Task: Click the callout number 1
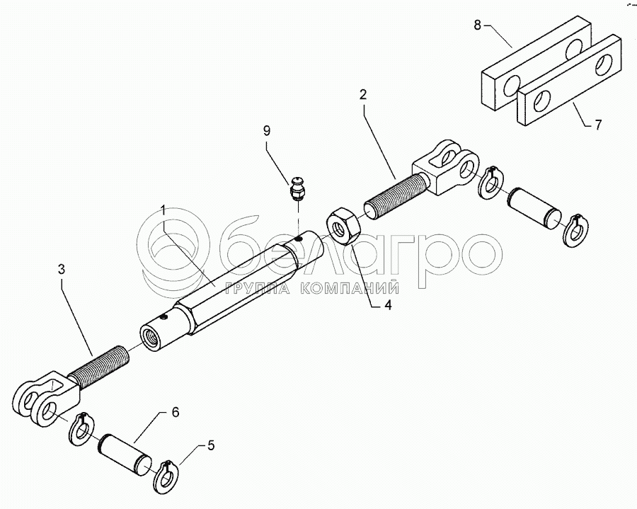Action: pyautogui.click(x=163, y=210)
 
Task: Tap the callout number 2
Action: pyautogui.click(x=363, y=95)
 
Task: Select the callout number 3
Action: pyautogui.click(x=61, y=269)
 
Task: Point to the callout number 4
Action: pyautogui.click(x=388, y=305)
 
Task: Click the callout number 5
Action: pyautogui.click(x=210, y=445)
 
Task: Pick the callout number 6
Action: pyautogui.click(x=175, y=413)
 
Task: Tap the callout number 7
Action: pyautogui.click(x=598, y=125)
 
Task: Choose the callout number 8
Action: pyautogui.click(x=477, y=25)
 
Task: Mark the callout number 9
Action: pyautogui.click(x=267, y=131)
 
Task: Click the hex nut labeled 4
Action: pyautogui.click(x=344, y=226)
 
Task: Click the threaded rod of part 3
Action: pyautogui.click(x=98, y=367)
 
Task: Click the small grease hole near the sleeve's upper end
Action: pyautogui.click(x=299, y=240)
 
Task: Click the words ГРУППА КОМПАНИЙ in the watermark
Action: pyautogui.click(x=313, y=288)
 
